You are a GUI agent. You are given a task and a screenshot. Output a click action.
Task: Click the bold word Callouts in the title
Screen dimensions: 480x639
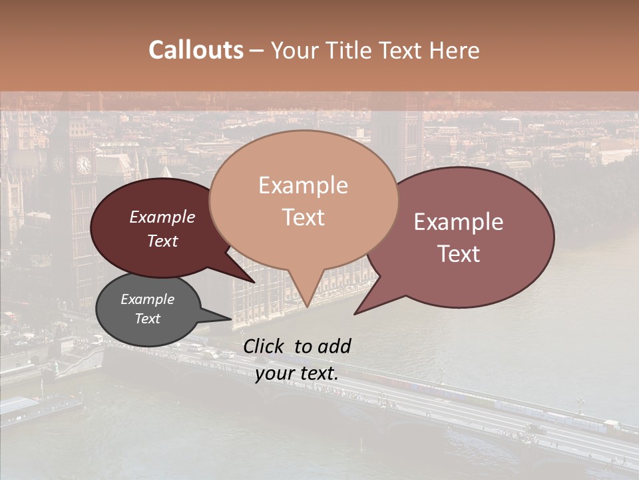coord(196,51)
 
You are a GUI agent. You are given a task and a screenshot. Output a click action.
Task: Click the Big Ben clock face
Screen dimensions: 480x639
coord(84,164)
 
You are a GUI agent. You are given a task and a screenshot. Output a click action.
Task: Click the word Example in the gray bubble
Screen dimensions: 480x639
coord(148,299)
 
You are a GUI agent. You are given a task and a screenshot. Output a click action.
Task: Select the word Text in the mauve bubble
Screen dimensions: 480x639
coord(459,254)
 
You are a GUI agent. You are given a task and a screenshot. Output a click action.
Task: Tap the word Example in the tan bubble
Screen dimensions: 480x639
coord(303,185)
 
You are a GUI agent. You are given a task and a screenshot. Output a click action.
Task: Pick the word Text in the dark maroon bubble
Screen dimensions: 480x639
coord(162,241)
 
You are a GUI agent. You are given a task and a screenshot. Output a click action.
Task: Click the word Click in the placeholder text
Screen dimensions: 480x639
coord(264,346)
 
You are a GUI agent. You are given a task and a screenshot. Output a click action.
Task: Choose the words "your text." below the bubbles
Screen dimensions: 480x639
coord(297,373)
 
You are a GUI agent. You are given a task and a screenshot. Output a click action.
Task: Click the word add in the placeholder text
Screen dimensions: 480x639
coord(334,346)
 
